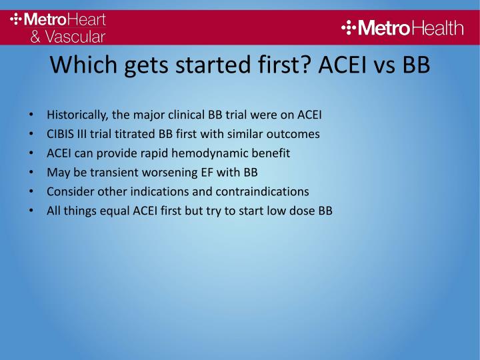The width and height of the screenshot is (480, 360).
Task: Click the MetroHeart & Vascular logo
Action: click(58, 27)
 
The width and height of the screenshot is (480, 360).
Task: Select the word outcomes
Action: click(293, 134)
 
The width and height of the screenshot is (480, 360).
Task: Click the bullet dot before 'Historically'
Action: click(33, 115)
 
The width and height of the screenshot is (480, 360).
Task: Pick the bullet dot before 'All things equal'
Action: click(33, 211)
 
